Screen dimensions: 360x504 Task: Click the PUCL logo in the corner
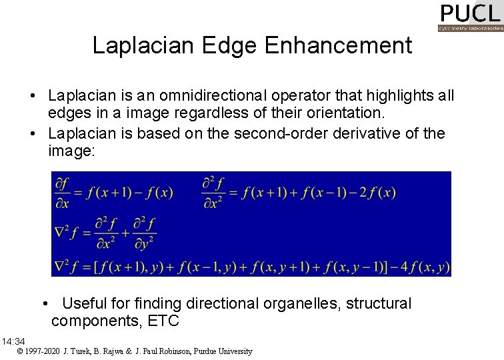pyautogui.click(x=470, y=17)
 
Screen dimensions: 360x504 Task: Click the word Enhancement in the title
pyautogui.click(x=338, y=45)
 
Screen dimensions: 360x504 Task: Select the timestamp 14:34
pyautogui.click(x=13, y=342)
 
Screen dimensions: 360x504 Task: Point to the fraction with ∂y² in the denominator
pyautogui.click(x=145, y=231)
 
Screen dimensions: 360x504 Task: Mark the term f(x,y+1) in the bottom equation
pyautogui.click(x=296, y=267)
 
